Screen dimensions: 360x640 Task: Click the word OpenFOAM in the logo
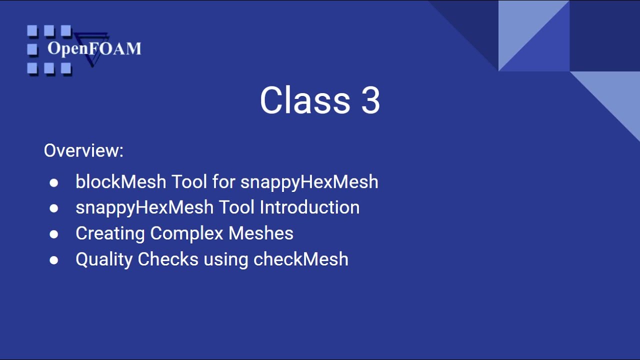pyautogui.click(x=94, y=49)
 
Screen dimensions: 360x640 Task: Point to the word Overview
pyautogui.click(x=83, y=150)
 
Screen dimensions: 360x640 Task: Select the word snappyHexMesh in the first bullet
pyautogui.click(x=309, y=181)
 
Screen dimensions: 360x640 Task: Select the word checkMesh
pyautogui.click(x=300, y=259)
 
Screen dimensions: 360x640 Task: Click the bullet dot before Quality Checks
pyautogui.click(x=54, y=260)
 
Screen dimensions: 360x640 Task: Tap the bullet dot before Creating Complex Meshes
pyautogui.click(x=54, y=234)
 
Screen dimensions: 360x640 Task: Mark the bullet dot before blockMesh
pyautogui.click(x=54, y=182)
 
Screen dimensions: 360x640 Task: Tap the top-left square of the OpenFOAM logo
pyautogui.click(x=32, y=31)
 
